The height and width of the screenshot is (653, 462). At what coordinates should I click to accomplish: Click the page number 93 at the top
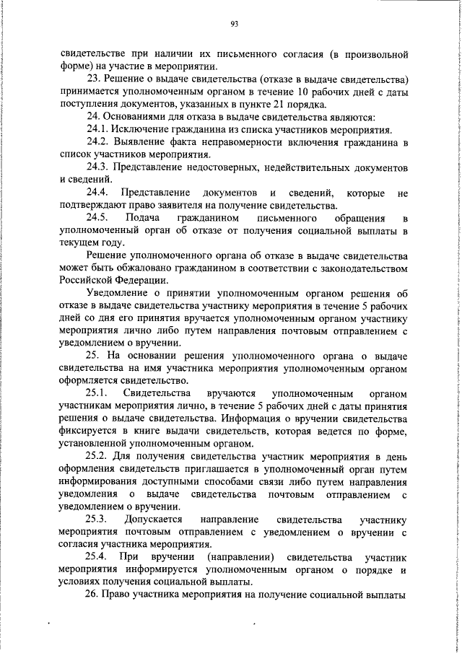click(234, 24)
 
